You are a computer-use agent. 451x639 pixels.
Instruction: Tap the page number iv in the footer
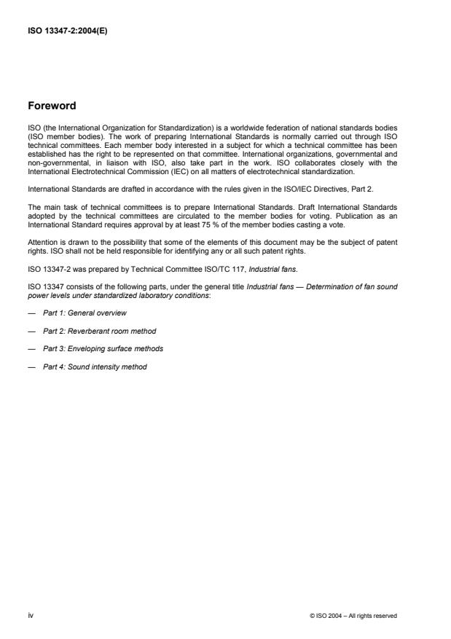[x=31, y=616]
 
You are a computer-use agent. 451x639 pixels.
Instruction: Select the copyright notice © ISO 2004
[x=353, y=616]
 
